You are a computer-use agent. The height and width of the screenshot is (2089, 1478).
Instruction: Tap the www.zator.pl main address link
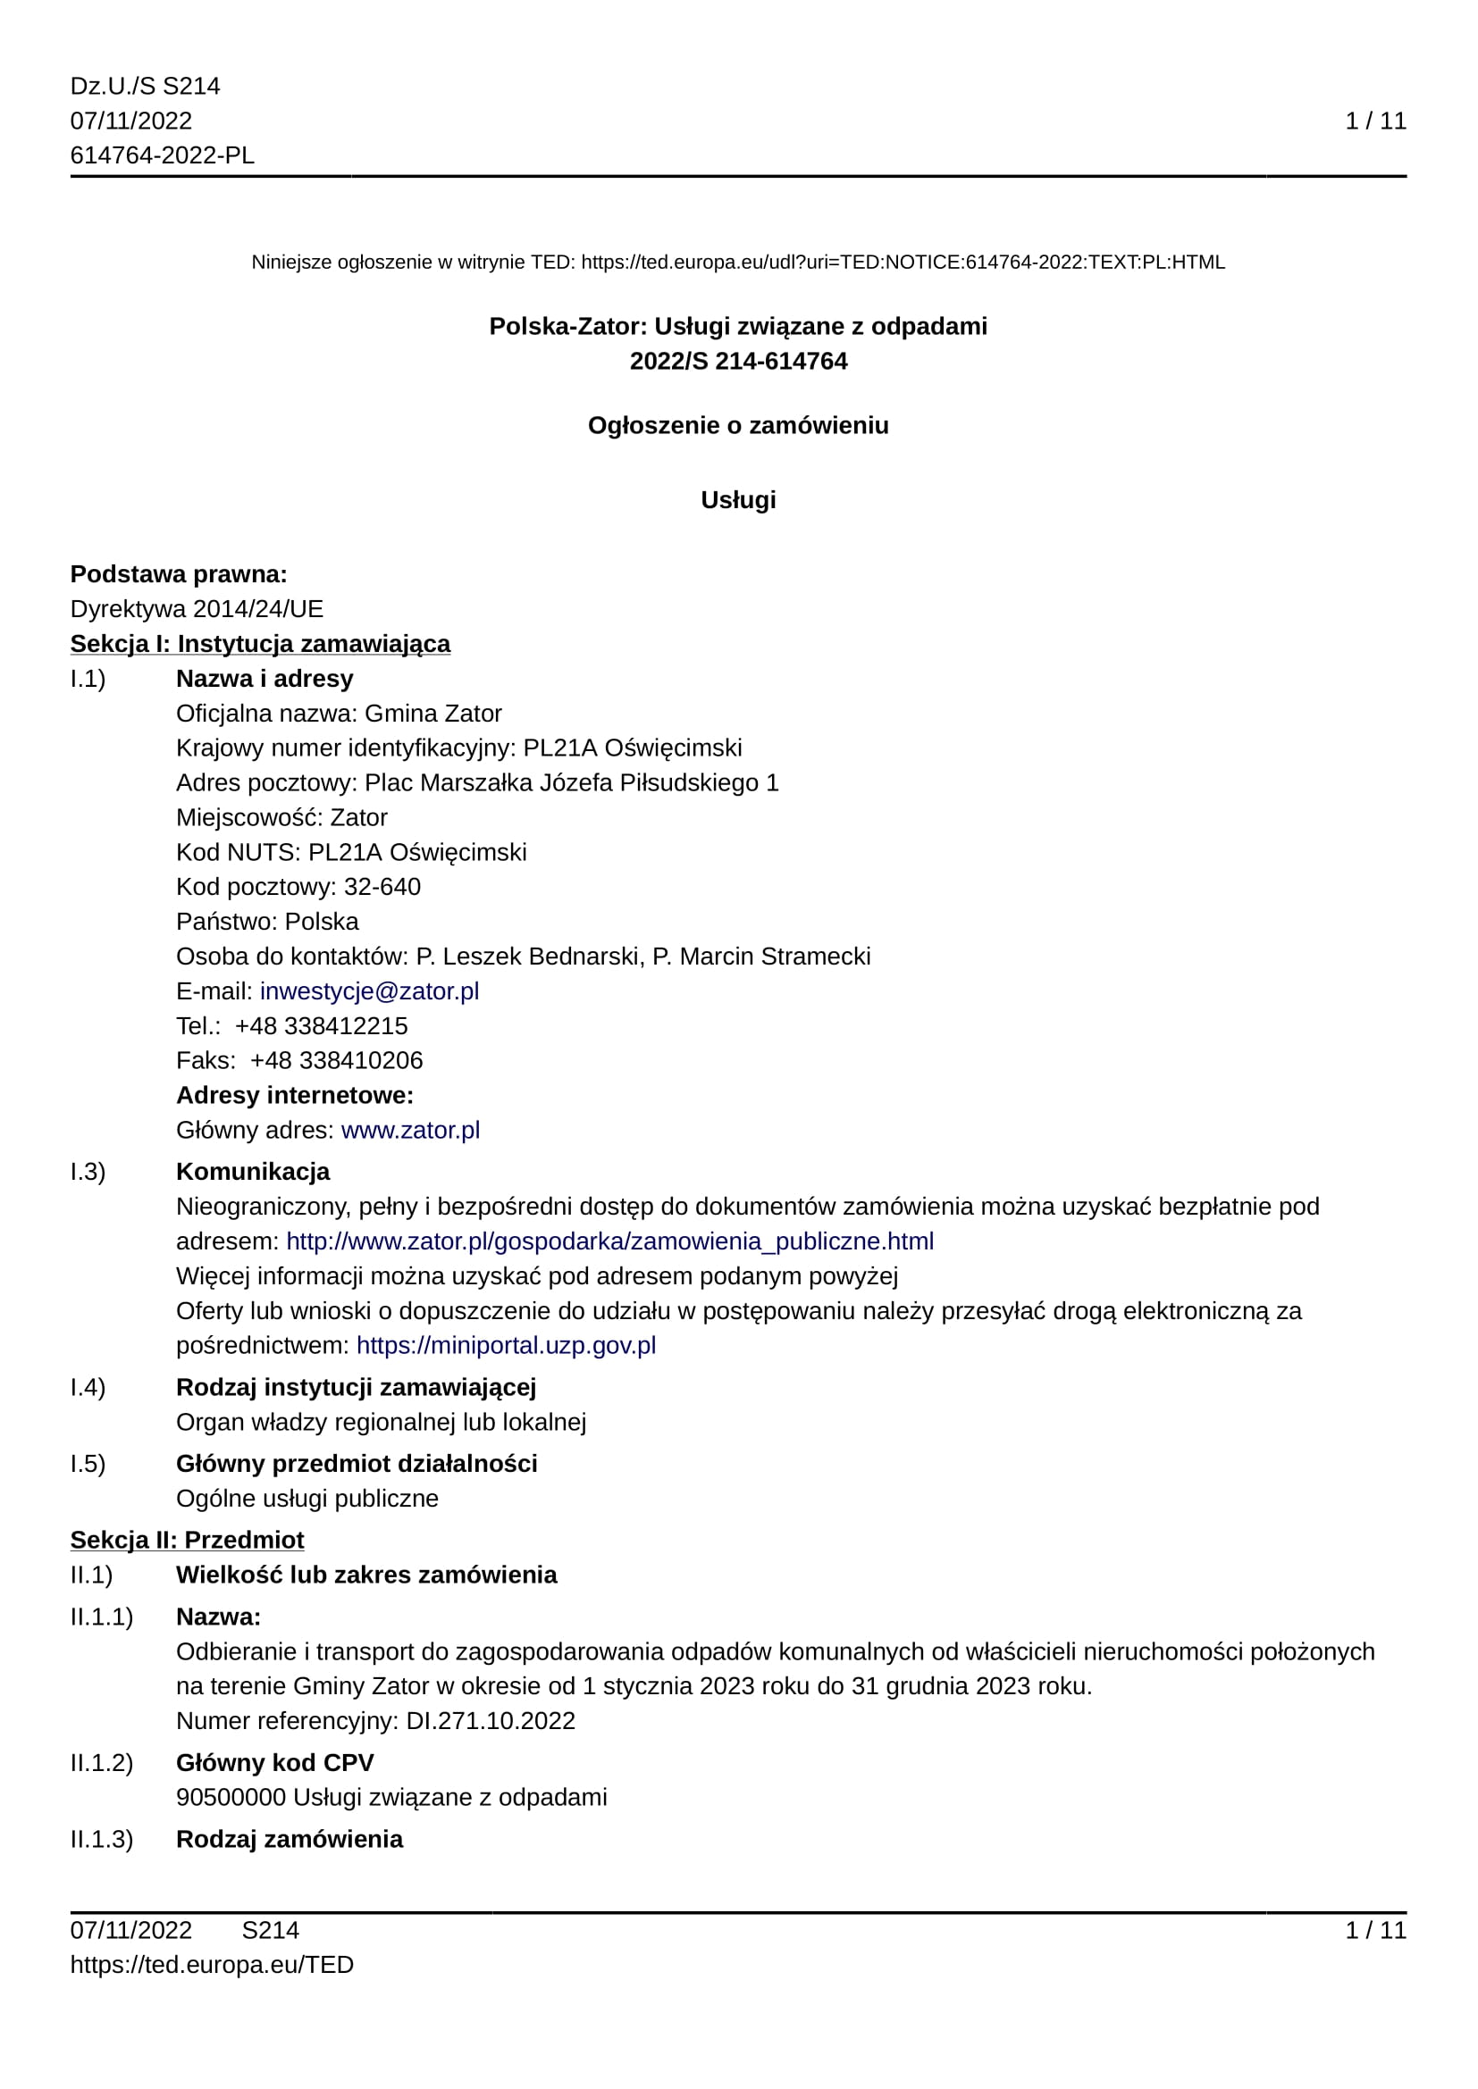click(x=410, y=1130)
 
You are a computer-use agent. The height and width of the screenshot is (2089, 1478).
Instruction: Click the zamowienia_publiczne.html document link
click(x=609, y=1241)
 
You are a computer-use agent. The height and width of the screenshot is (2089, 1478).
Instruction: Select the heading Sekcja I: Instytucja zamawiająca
click(x=260, y=643)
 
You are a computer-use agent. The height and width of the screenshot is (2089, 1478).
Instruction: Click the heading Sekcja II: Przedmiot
click(x=188, y=1540)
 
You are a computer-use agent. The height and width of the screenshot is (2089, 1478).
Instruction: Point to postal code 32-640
click(x=382, y=886)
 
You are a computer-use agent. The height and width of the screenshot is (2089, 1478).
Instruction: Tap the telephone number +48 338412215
click(x=322, y=1025)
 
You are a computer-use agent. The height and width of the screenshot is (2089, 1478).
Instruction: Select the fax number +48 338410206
click(x=337, y=1060)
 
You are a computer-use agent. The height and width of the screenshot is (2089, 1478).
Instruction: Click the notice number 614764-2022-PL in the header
click(x=162, y=155)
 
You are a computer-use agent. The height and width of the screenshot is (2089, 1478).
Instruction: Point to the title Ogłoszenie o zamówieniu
click(x=738, y=425)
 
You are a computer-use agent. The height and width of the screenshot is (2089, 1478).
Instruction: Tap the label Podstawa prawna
click(x=179, y=574)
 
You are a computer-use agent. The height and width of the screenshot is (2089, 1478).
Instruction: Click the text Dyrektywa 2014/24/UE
click(x=197, y=609)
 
